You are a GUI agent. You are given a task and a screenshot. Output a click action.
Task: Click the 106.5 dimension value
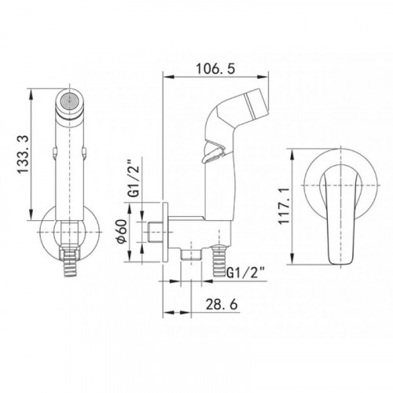click(215, 69)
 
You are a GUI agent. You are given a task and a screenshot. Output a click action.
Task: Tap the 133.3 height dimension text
click(23, 154)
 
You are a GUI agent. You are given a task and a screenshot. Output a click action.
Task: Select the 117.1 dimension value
click(284, 206)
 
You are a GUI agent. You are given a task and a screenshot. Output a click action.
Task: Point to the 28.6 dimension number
click(222, 304)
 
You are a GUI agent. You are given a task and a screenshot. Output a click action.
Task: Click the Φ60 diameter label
click(122, 231)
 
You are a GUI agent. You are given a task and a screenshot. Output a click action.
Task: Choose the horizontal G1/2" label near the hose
click(245, 273)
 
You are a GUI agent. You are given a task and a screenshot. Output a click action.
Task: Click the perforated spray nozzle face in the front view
click(69, 101)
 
